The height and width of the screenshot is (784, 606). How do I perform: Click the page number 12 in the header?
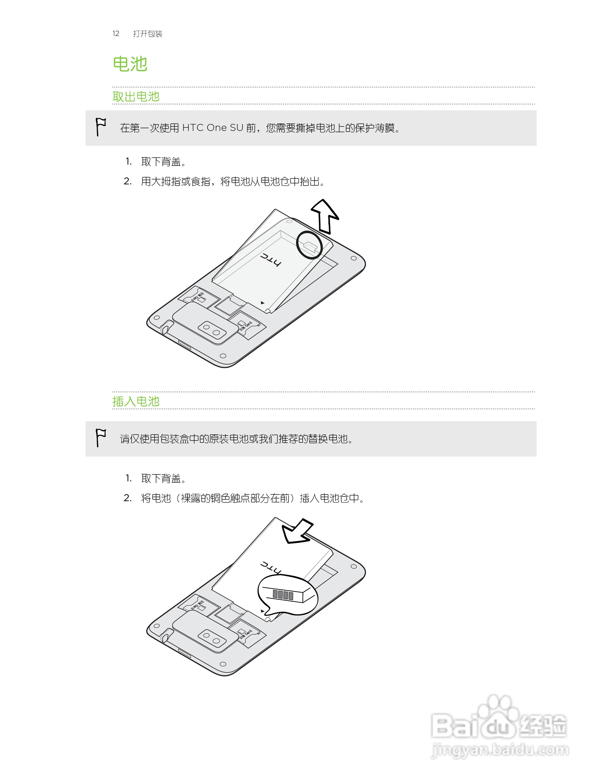click(116, 33)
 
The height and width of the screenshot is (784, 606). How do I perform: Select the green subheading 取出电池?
click(136, 96)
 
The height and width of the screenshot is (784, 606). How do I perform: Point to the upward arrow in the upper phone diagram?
click(325, 215)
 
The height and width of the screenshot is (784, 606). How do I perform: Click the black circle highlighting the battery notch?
click(309, 245)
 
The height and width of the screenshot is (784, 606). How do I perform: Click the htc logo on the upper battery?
click(271, 260)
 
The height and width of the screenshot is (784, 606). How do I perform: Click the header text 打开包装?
click(148, 34)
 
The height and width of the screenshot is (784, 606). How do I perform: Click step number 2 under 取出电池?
click(127, 181)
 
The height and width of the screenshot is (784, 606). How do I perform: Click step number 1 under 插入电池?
click(128, 478)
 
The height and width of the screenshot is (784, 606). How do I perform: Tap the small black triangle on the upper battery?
click(262, 303)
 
